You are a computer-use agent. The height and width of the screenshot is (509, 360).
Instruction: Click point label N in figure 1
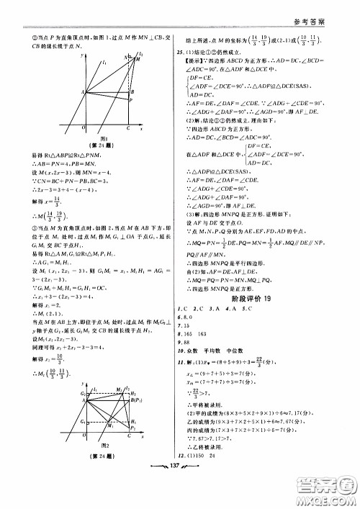[125, 57]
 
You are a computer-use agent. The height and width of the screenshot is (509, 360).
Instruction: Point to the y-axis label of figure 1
[83, 54]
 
